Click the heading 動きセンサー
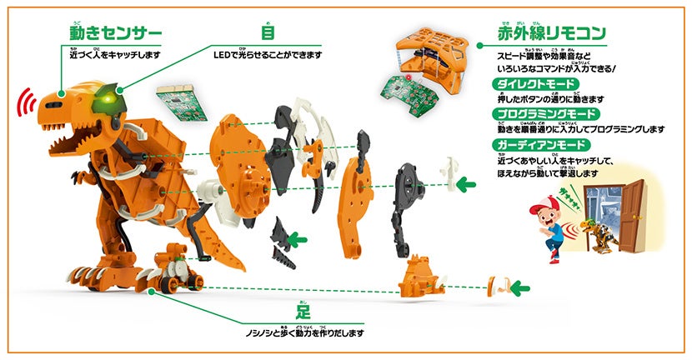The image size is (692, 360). (x=114, y=34)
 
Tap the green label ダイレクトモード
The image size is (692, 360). (x=532, y=85)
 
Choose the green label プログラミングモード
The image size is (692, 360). (x=540, y=113)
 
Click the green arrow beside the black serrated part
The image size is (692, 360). (x=298, y=240)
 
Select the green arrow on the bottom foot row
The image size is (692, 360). (x=519, y=288)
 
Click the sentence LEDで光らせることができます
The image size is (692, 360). (x=267, y=55)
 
